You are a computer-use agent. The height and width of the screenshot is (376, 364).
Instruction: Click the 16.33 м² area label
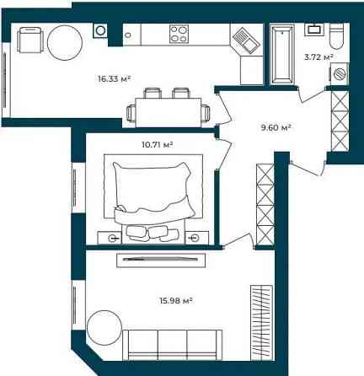point(115,78)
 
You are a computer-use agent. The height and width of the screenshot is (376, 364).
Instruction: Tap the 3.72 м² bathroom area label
point(318,57)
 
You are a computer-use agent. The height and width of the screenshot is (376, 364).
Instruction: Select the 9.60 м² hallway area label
point(276,128)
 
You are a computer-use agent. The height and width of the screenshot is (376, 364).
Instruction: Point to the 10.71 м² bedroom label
point(157,145)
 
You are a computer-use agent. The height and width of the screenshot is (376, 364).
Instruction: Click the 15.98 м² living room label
point(176,301)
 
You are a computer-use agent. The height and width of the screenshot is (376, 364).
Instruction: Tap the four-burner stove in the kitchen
point(179,34)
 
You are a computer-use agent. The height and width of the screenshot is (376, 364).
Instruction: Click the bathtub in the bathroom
point(282,54)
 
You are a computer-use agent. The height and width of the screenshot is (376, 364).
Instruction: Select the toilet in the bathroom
point(337,36)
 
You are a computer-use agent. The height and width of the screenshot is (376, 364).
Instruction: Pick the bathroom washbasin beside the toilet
point(314,30)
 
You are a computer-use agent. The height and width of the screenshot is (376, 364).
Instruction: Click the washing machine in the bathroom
point(340,73)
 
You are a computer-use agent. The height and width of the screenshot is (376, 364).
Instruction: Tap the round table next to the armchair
point(65,42)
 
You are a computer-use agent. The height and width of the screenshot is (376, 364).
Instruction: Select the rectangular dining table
point(169,112)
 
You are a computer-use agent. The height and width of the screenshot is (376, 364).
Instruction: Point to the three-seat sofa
point(173,345)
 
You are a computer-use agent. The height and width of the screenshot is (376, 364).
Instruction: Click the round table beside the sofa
point(104,328)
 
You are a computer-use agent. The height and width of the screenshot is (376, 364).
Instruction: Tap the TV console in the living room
point(161,260)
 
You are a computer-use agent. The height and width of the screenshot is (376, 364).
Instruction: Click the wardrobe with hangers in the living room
point(261,323)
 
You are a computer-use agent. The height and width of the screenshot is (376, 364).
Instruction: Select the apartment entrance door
point(307,167)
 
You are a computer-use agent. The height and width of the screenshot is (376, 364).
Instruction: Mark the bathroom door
point(311,94)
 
